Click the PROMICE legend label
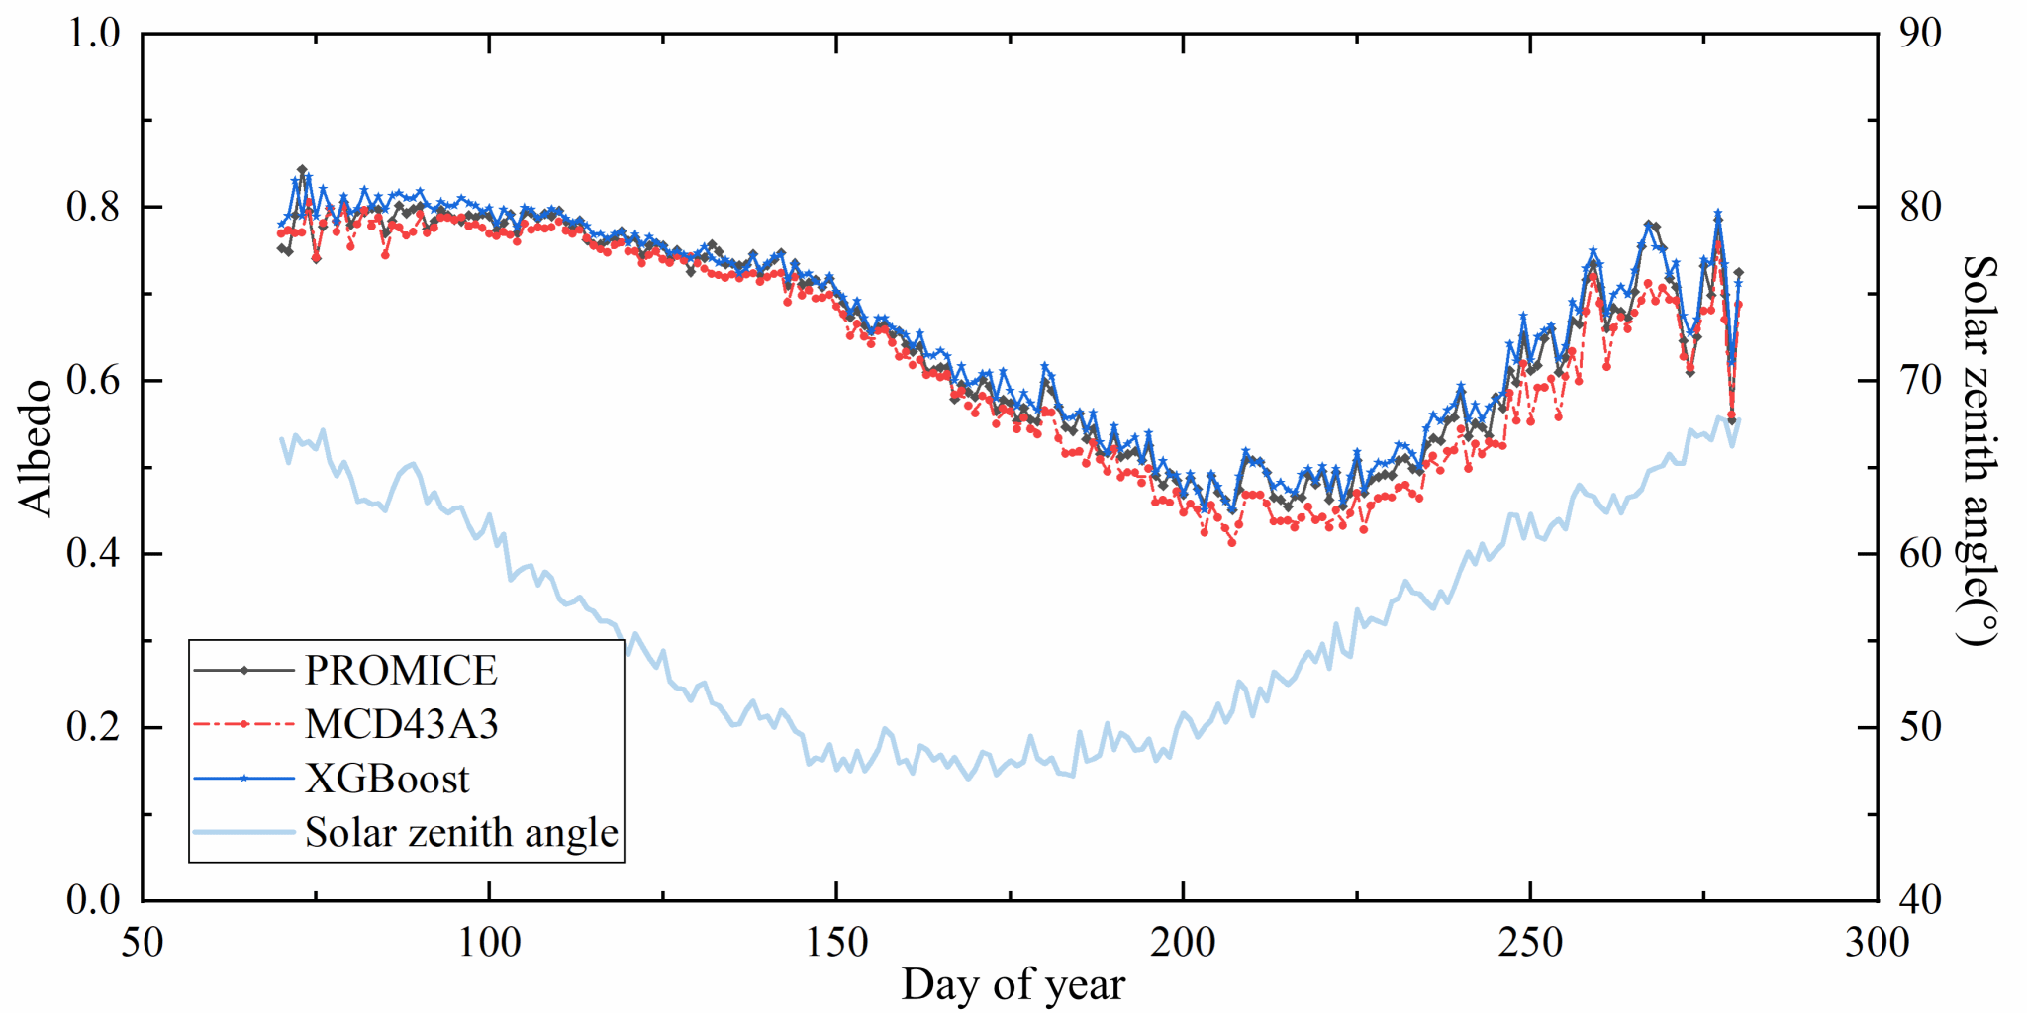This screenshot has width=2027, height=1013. (x=400, y=671)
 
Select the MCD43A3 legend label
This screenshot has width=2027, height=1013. (x=401, y=724)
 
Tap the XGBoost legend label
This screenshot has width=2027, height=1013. (x=387, y=779)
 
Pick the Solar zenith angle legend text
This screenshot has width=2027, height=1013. (x=461, y=832)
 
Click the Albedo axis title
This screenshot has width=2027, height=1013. (x=36, y=447)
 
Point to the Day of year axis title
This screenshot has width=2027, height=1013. (x=1013, y=984)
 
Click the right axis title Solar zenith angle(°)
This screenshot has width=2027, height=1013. (x=1979, y=450)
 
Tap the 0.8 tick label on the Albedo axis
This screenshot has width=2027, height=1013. (x=93, y=207)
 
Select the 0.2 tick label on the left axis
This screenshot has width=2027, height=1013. (x=93, y=727)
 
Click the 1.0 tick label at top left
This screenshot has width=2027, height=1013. (x=93, y=34)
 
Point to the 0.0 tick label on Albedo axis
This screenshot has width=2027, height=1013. (x=93, y=900)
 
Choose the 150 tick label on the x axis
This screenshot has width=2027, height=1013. (x=836, y=943)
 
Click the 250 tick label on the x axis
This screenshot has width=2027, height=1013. (x=1530, y=943)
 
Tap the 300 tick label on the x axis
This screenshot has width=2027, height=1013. (x=1877, y=943)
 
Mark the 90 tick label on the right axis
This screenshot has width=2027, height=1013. (x=1921, y=34)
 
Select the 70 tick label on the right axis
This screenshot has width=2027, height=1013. (x=1921, y=380)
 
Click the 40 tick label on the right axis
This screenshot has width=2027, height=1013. (x=1921, y=900)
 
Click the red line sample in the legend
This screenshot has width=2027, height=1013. (x=243, y=724)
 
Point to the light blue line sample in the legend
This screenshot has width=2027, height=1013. (x=243, y=832)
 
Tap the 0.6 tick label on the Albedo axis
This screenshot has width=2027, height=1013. (x=93, y=380)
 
